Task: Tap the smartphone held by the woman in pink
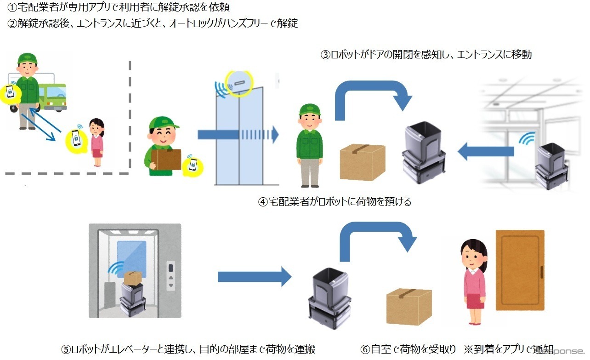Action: point(76,137)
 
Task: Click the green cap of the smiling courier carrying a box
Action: point(163,123)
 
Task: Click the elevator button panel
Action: point(171,275)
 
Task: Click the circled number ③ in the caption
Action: point(325,55)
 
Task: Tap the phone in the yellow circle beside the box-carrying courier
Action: point(193,166)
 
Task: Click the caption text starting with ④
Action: point(334,201)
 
